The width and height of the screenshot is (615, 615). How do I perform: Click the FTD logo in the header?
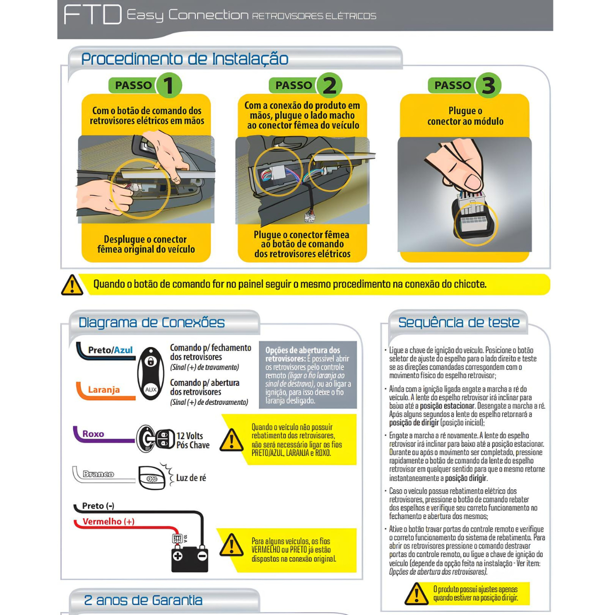click(x=93, y=15)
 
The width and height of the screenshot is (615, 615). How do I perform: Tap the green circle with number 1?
click(x=169, y=85)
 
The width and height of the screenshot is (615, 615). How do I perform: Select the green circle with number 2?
click(x=329, y=85)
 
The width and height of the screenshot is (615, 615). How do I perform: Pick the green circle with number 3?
click(x=488, y=85)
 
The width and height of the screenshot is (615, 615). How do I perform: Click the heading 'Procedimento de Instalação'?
click(x=185, y=59)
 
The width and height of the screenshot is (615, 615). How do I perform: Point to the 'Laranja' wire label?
click(x=104, y=389)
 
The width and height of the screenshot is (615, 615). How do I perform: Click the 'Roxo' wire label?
click(x=93, y=434)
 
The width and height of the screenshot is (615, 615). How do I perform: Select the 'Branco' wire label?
click(x=98, y=474)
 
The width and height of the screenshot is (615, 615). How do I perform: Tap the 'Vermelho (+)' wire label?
click(x=109, y=521)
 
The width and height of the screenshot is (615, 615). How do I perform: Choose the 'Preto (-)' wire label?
click(x=98, y=505)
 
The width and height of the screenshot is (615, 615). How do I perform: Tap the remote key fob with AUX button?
click(x=151, y=374)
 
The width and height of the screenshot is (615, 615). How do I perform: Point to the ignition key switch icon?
click(x=155, y=439)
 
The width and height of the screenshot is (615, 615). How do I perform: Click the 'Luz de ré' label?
click(x=191, y=478)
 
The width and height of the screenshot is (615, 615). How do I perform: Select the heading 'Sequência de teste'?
click(x=459, y=322)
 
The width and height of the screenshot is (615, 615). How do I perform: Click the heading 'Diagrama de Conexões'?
click(x=152, y=322)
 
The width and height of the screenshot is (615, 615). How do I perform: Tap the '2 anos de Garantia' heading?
click(x=143, y=600)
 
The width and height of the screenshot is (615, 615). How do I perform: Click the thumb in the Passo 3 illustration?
click(x=469, y=180)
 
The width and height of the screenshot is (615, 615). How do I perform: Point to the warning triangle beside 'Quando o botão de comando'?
click(x=72, y=284)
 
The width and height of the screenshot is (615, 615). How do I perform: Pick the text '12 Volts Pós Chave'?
click(x=193, y=440)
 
